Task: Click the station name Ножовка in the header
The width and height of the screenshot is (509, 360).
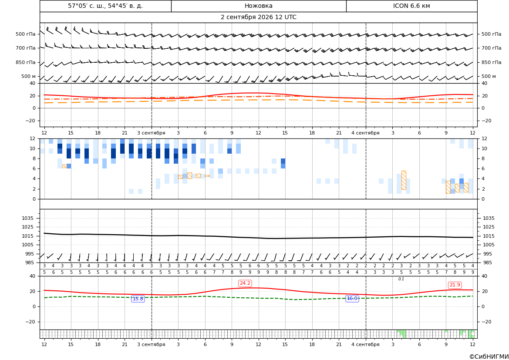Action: tap(258, 6)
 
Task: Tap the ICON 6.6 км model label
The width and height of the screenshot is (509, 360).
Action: tap(411, 6)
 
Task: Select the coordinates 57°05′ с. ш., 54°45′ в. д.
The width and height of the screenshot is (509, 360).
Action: tap(105, 6)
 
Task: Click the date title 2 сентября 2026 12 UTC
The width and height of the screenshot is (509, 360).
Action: tap(258, 17)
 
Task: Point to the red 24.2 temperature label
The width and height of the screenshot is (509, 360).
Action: tap(245, 283)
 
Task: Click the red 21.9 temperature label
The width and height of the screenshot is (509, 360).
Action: tap(455, 285)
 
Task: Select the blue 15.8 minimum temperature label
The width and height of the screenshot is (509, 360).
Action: tap(138, 299)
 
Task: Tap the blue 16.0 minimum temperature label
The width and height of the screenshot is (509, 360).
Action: tap(352, 298)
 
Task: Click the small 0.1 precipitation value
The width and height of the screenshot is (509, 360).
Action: tap(401, 279)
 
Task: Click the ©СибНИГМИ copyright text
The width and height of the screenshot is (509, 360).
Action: tap(489, 357)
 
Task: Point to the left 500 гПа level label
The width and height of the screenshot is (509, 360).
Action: tap(26, 34)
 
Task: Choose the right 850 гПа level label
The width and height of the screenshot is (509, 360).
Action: tap(492, 62)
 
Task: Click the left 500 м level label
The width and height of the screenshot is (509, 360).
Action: tap(29, 76)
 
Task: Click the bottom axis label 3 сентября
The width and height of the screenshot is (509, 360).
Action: tap(151, 344)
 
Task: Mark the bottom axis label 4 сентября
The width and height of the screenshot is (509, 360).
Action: tap(365, 344)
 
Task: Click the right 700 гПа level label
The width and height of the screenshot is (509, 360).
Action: tap(492, 48)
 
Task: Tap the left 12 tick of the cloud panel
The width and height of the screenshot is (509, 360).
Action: tap(33, 138)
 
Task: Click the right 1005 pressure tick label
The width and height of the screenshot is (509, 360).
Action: tap(489, 245)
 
